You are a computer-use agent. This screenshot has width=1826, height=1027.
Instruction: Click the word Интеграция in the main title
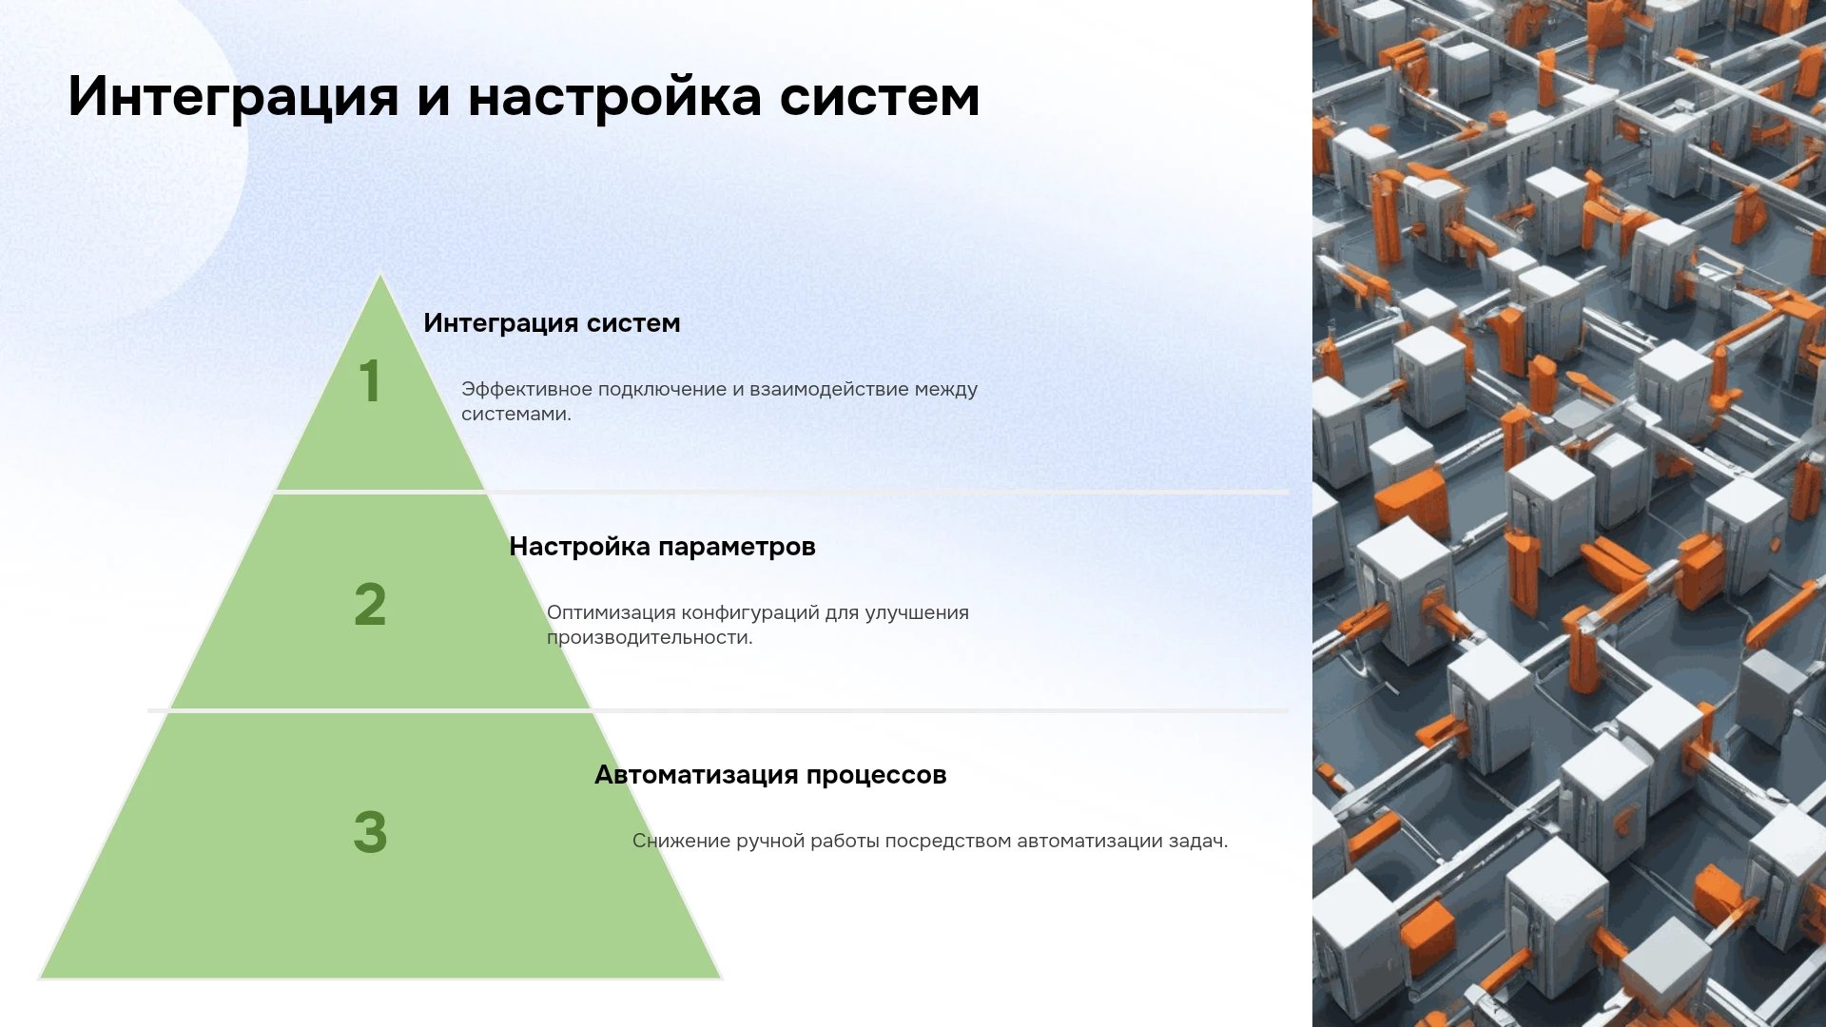pos(233,97)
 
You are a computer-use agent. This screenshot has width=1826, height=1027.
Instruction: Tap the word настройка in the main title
pos(614,96)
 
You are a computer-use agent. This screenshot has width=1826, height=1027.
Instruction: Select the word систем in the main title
pos(880,97)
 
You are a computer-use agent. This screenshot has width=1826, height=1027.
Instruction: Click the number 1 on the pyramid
pos(370,380)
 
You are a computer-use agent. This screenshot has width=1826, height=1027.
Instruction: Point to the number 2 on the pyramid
pos(370,604)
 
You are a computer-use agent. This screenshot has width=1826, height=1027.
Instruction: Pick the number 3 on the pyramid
pos(370,832)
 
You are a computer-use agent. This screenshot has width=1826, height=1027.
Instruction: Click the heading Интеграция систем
pos(552,323)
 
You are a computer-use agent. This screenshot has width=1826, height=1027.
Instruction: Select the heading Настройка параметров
pos(662,547)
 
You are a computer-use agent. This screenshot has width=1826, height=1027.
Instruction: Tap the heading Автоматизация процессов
pos(770,775)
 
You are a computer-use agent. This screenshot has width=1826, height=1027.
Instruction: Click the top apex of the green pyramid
pos(380,275)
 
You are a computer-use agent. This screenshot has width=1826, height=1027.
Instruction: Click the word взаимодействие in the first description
pos(829,389)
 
